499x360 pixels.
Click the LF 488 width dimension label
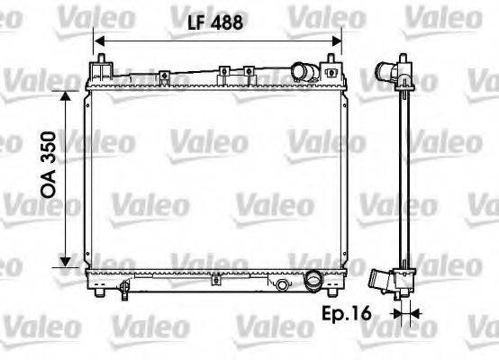point(217,24)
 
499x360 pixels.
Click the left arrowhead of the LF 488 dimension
point(98,40)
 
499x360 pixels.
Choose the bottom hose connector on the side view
point(385,282)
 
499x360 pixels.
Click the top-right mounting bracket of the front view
point(338,67)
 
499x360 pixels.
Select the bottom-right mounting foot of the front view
point(335,287)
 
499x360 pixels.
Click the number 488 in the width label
point(229,24)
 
